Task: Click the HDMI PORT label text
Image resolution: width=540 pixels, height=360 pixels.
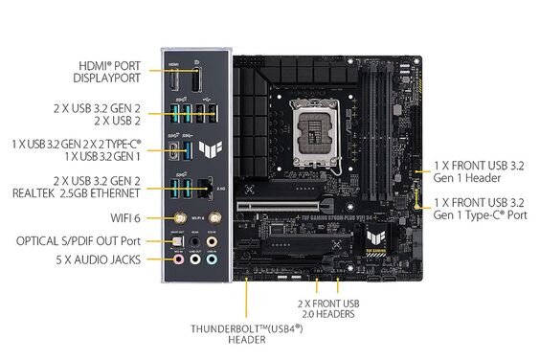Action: (x=108, y=66)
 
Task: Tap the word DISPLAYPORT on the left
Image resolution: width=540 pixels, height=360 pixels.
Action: (x=108, y=79)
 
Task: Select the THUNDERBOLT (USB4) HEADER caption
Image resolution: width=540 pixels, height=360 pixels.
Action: (x=246, y=333)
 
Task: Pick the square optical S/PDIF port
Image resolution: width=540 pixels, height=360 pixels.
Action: (x=176, y=242)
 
